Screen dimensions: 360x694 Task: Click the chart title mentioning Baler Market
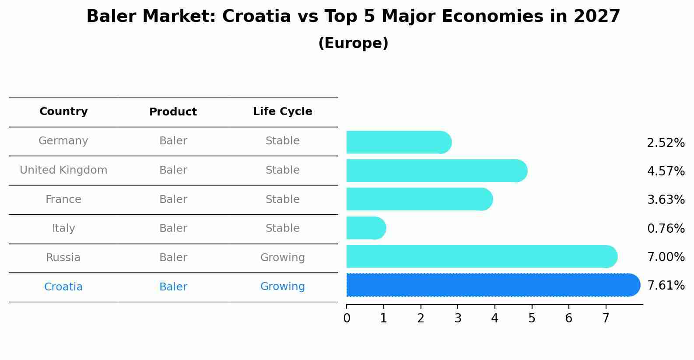tap(353, 17)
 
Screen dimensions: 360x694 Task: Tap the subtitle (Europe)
tap(353, 43)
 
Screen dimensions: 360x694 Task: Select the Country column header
tap(63, 112)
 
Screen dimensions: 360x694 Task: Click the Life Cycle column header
tap(282, 112)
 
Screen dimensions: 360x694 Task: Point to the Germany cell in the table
tap(63, 141)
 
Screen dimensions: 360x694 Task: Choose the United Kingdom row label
tap(63, 170)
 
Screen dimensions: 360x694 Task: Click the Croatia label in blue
tap(63, 287)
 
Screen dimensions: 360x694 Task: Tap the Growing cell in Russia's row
tap(282, 258)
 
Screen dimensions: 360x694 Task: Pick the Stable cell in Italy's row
tap(282, 228)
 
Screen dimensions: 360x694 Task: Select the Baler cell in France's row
tap(173, 199)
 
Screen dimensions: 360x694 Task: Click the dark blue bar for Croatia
tap(490, 285)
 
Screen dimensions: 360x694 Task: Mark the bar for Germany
tap(396, 142)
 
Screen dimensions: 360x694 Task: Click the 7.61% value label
tap(666, 286)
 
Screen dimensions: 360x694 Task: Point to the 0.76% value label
tap(666, 228)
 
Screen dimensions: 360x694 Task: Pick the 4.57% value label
tap(666, 171)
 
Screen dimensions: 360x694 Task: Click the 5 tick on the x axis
tap(532, 318)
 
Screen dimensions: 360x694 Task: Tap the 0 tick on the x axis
tap(347, 318)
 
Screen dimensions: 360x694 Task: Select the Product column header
tap(173, 112)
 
